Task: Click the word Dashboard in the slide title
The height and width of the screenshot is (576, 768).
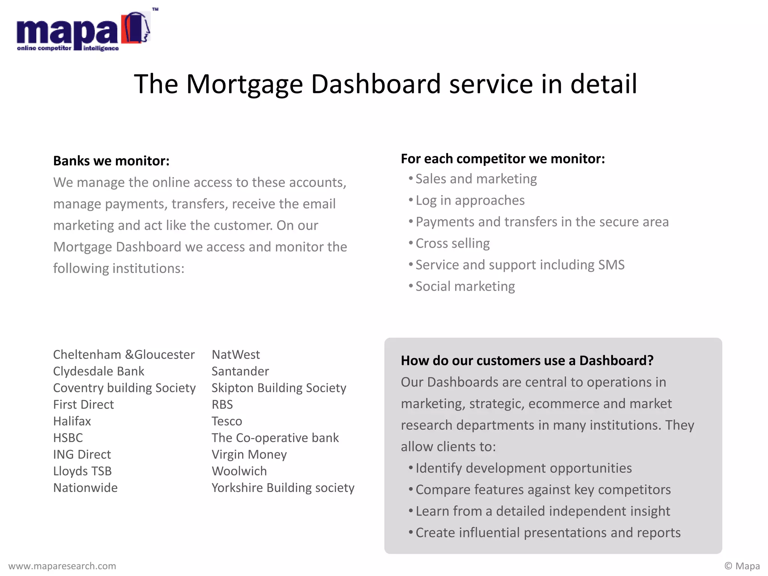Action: [376, 84]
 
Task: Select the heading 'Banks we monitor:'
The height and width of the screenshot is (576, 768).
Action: [111, 161]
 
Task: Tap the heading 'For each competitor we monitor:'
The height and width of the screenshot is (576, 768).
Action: [502, 159]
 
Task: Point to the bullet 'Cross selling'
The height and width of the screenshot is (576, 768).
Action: [452, 243]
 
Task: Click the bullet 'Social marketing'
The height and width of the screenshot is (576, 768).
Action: [465, 286]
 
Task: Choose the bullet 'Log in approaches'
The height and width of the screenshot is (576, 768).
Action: [470, 201]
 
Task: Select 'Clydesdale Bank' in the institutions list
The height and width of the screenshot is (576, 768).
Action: [99, 371]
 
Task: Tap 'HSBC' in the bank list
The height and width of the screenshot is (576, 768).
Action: [68, 438]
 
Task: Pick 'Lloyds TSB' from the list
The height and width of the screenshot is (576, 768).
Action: [82, 471]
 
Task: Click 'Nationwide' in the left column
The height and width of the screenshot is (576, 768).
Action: [85, 488]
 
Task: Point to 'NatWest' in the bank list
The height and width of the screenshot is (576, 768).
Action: [235, 355]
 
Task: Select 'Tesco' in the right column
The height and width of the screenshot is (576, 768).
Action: [226, 421]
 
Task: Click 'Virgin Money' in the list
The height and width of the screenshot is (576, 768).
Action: [249, 454]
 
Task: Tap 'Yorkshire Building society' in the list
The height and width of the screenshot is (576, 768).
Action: [283, 488]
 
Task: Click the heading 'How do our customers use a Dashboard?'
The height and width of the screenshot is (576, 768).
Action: [527, 361]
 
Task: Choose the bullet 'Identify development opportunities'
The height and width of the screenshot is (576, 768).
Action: [523, 468]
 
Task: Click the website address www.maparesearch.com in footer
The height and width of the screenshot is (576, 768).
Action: [62, 566]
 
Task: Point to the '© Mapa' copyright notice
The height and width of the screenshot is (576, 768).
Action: [742, 566]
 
